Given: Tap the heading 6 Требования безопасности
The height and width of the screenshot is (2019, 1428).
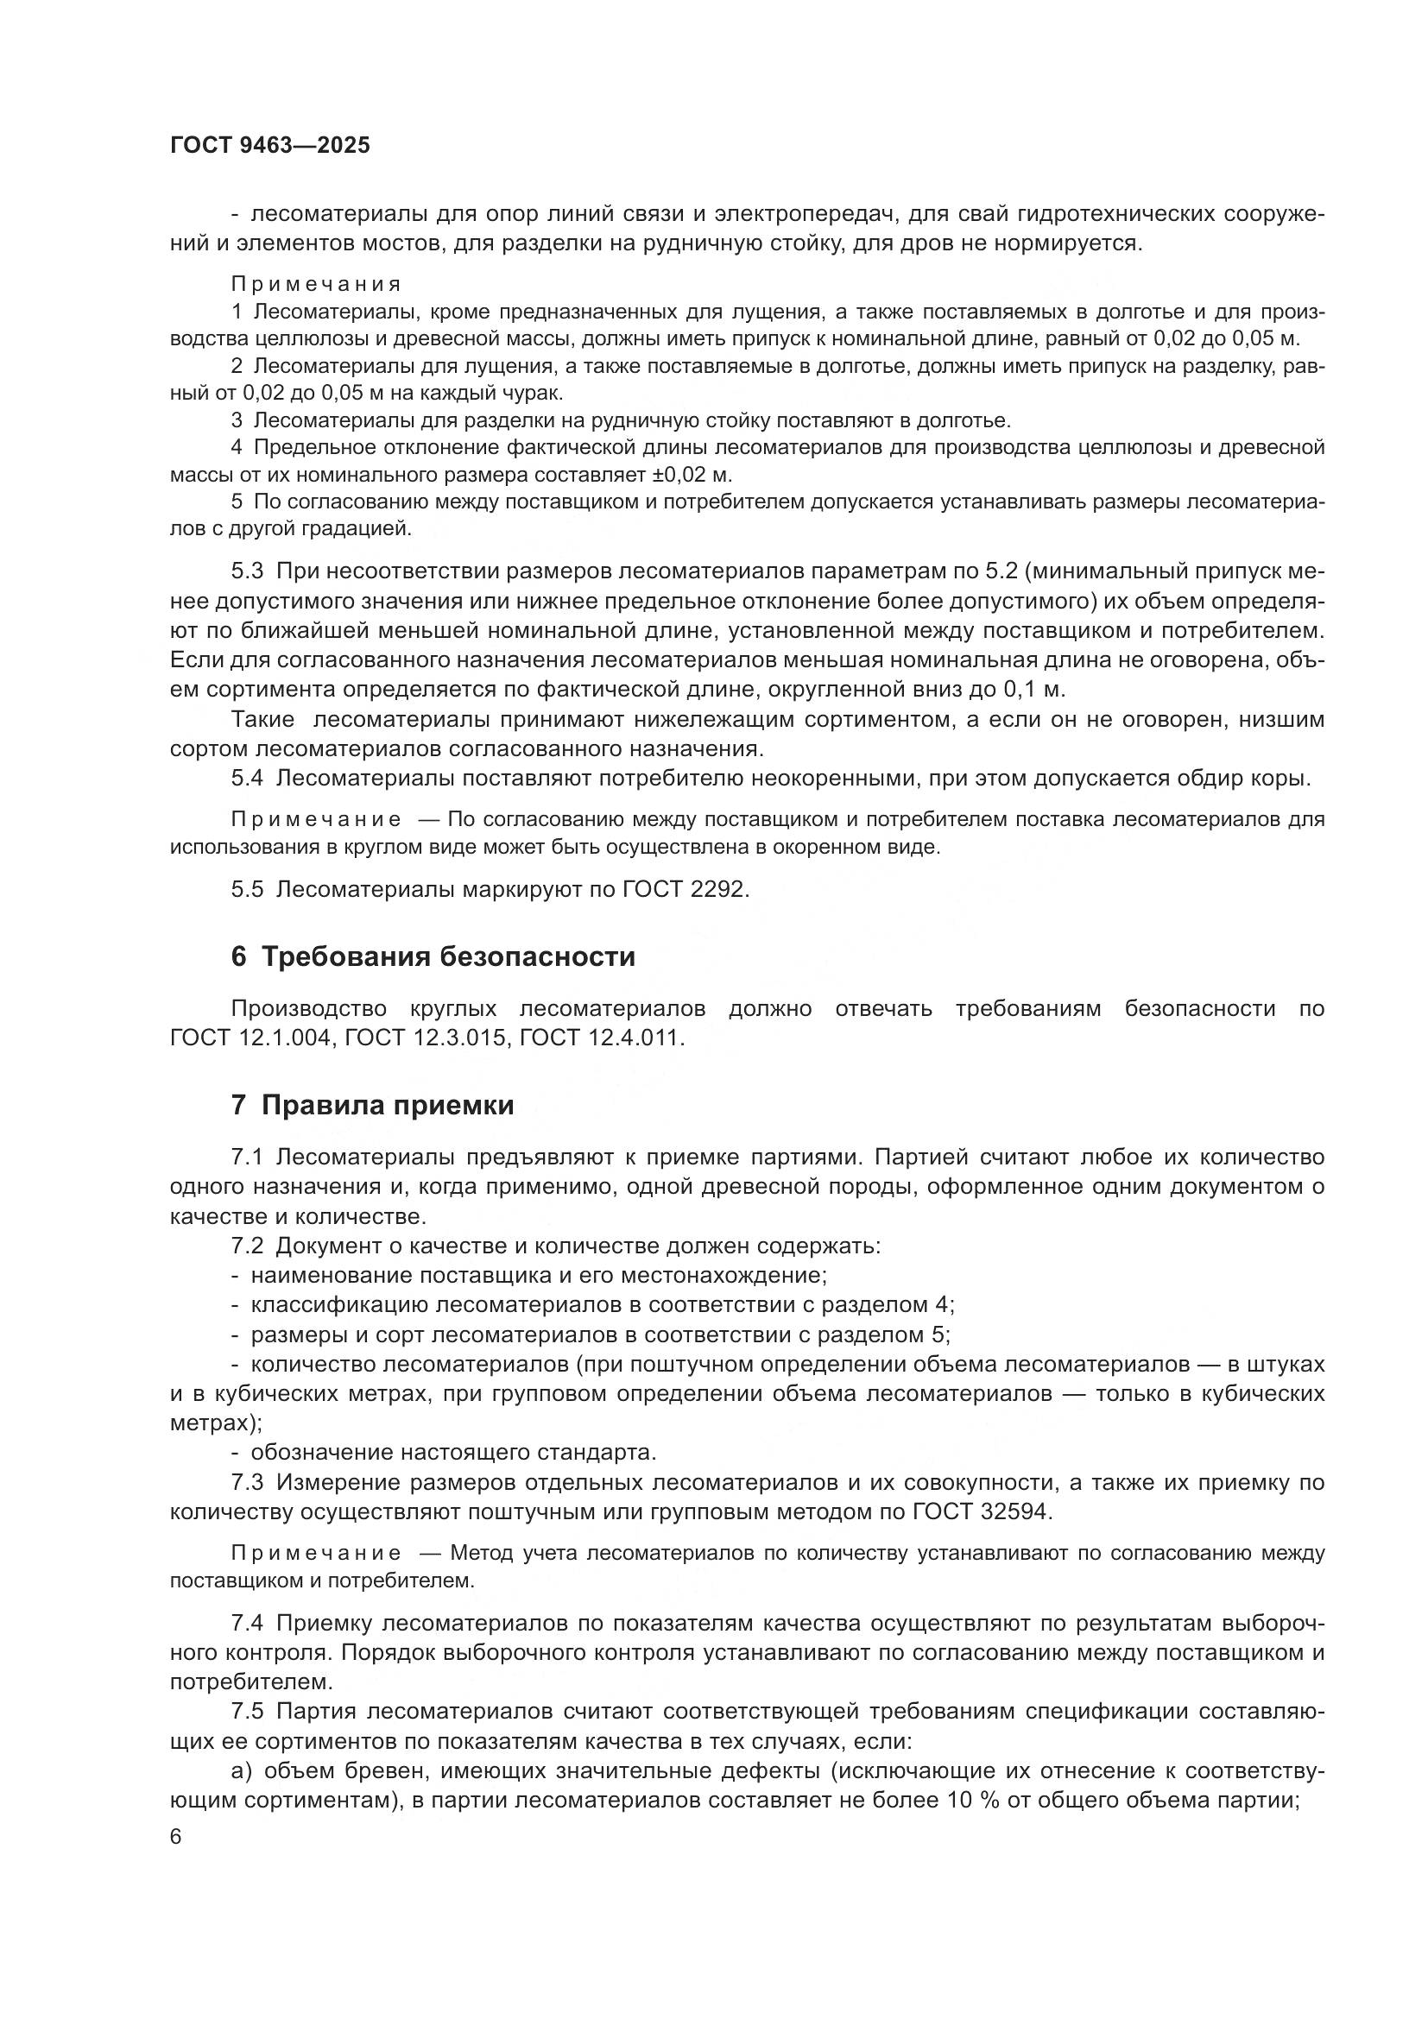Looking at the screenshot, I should (433, 956).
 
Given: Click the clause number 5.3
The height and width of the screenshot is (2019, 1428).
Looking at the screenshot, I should (247, 571).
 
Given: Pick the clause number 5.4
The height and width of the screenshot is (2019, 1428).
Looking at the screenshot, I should (247, 779).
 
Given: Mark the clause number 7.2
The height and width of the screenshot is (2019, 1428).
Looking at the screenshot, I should (247, 1246).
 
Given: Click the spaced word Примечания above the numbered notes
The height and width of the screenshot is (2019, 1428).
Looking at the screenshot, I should (317, 284).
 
